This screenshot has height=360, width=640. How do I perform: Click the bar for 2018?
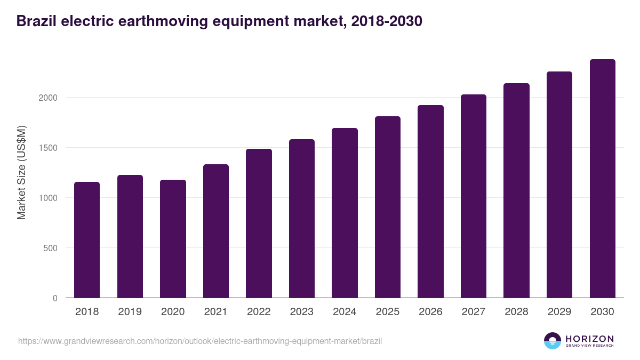(x=87, y=240)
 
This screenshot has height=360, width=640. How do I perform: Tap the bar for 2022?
(x=259, y=223)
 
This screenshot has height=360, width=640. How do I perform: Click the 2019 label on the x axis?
(x=130, y=312)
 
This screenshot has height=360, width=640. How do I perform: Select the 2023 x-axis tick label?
(x=302, y=312)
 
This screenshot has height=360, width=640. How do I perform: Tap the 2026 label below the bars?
(x=430, y=312)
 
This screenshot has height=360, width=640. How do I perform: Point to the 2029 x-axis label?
(x=559, y=312)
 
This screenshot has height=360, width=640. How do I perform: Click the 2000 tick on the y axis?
(x=47, y=98)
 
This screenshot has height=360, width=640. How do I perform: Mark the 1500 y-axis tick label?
(x=47, y=148)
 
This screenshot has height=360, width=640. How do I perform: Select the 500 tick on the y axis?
(x=50, y=248)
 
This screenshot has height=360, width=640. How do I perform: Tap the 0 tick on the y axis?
(x=55, y=298)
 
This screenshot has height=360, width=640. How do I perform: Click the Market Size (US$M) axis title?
(x=21, y=173)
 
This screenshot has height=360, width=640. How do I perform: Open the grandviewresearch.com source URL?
(x=200, y=341)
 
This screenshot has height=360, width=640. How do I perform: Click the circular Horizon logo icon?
(x=552, y=341)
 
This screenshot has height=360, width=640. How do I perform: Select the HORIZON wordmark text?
(x=589, y=339)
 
